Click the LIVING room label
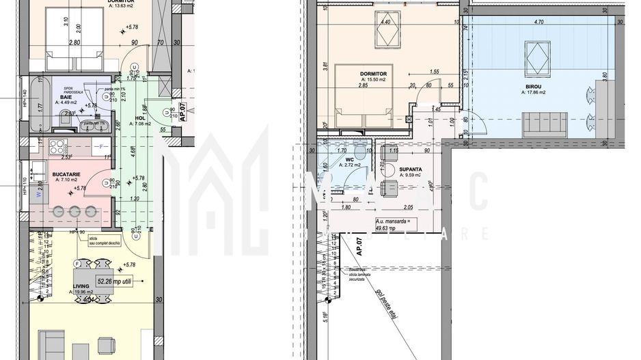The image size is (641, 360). point(81,287)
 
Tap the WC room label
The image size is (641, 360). point(349,160)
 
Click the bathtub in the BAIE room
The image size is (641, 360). point(38,107)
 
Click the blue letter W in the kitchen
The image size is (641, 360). point(39,193)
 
